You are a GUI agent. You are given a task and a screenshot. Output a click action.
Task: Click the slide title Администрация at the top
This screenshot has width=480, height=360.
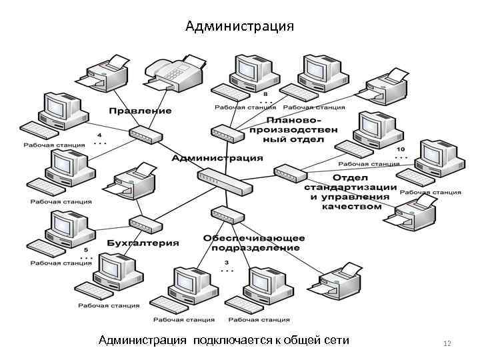(x=239, y=27)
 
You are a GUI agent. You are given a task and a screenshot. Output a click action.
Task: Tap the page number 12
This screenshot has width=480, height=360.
(x=447, y=343)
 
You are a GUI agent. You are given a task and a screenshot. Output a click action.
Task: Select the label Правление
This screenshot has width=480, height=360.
(x=141, y=110)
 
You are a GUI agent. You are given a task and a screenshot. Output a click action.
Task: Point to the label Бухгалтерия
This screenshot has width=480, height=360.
(x=143, y=243)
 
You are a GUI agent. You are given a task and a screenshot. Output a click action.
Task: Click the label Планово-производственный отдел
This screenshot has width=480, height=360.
(x=293, y=129)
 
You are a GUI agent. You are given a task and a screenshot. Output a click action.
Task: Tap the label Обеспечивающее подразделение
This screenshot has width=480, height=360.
(x=255, y=243)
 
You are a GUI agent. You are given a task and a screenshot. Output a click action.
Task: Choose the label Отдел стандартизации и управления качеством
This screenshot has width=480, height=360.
(x=351, y=192)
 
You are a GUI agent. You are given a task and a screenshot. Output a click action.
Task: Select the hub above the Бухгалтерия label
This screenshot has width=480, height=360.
(x=145, y=224)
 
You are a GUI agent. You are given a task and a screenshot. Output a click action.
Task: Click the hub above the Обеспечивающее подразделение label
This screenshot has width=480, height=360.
(x=226, y=215)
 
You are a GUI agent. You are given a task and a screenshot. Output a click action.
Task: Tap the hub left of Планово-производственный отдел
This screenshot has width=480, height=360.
(x=227, y=133)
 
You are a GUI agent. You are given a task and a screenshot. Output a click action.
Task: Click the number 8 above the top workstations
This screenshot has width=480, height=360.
(x=265, y=94)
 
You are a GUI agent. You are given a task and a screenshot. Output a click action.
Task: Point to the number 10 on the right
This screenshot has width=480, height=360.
(x=400, y=149)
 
